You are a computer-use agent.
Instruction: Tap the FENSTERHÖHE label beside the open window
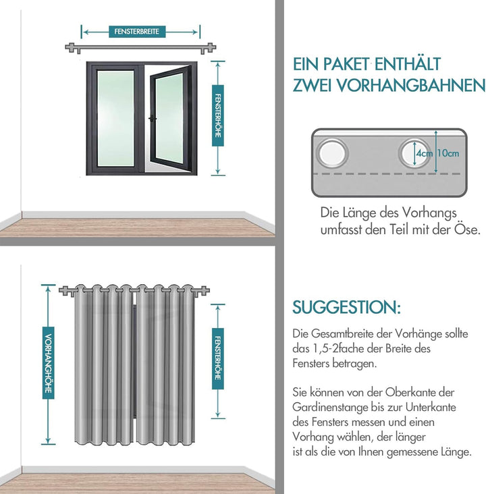tap(217, 119)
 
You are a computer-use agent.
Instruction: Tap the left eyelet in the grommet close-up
tap(331, 153)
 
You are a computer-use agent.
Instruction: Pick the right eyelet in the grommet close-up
tap(411, 153)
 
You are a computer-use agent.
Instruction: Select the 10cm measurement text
tap(448, 153)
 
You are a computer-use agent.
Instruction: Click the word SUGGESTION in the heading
tap(345, 308)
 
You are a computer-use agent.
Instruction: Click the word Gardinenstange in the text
tap(330, 408)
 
